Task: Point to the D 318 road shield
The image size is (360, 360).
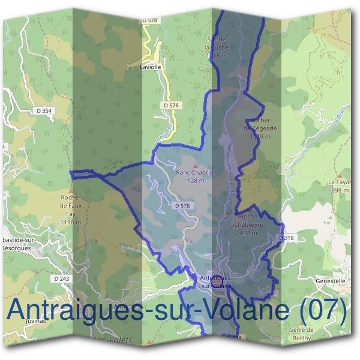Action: (x=287, y=238)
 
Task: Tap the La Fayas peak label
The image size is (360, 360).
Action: (x=339, y=185)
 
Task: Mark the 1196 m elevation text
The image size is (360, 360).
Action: (x=70, y=222)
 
